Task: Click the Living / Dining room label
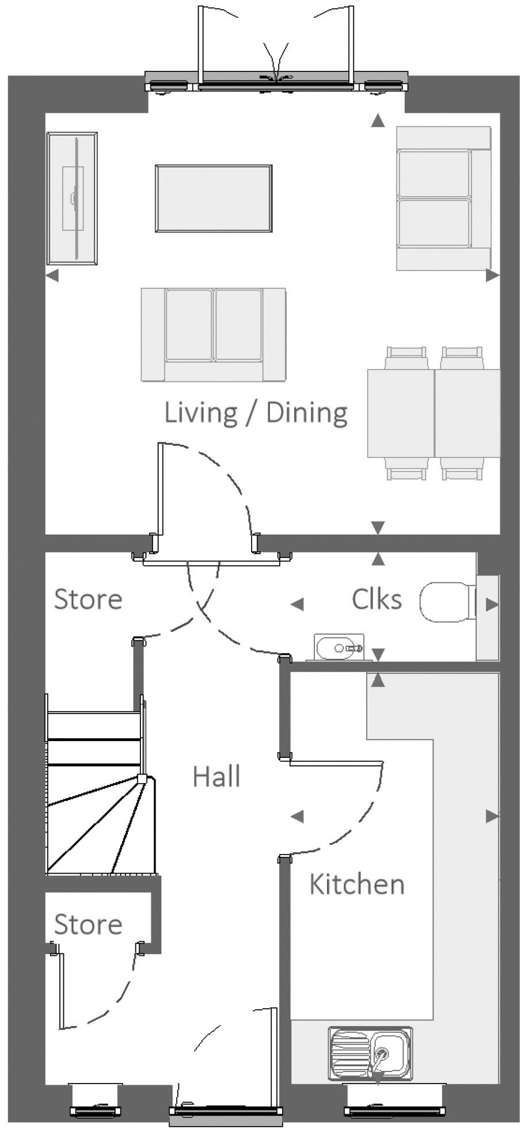pyautogui.click(x=256, y=413)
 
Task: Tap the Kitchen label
pyautogui.click(x=357, y=884)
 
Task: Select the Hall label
pyautogui.click(x=216, y=776)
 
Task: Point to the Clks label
pyautogui.click(x=376, y=599)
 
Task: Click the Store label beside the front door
pyautogui.click(x=88, y=925)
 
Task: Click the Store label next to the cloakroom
pyautogui.click(x=88, y=600)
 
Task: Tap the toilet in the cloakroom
pyautogui.click(x=448, y=602)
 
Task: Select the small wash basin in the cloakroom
pyautogui.click(x=340, y=647)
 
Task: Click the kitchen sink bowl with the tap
pyautogui.click(x=390, y=1054)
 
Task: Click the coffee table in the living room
pyautogui.click(x=214, y=199)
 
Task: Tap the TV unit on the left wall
pyautogui.click(x=72, y=199)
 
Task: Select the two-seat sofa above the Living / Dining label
pyautogui.click(x=214, y=334)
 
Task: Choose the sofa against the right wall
pyautogui.click(x=444, y=199)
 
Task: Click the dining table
pyautogui.click(x=434, y=413)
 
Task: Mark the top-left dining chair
pyautogui.click(x=406, y=357)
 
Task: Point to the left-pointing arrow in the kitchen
pyautogui.click(x=297, y=816)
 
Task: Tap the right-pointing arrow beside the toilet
pyautogui.click(x=492, y=604)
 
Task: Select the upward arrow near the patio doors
pyautogui.click(x=378, y=120)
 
